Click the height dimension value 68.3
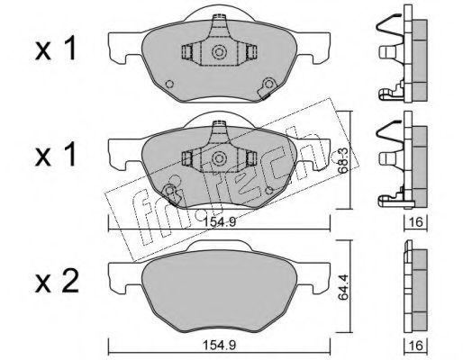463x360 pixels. click(x=343, y=161)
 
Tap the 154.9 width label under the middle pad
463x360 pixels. click(x=220, y=222)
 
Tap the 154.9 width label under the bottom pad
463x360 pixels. click(x=220, y=345)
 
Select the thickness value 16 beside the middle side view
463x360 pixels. click(x=416, y=222)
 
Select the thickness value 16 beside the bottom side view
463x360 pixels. click(x=416, y=346)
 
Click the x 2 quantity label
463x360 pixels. click(x=57, y=281)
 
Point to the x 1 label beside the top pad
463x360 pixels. click(x=55, y=49)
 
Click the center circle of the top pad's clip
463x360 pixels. click(x=219, y=52)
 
